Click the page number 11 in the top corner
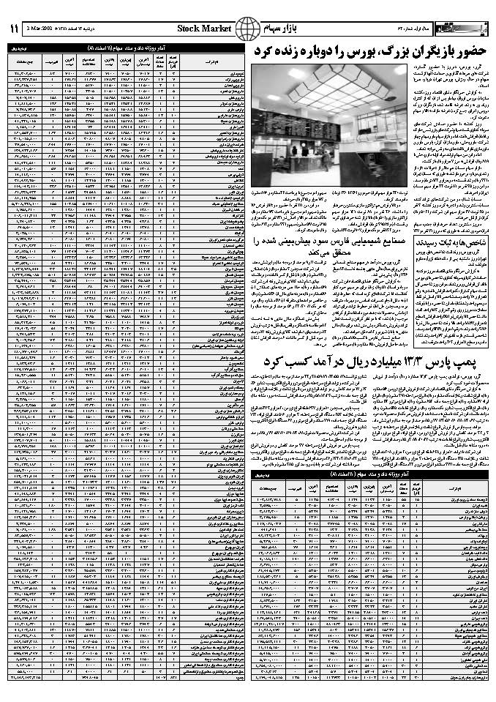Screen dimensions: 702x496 click(12, 30)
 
